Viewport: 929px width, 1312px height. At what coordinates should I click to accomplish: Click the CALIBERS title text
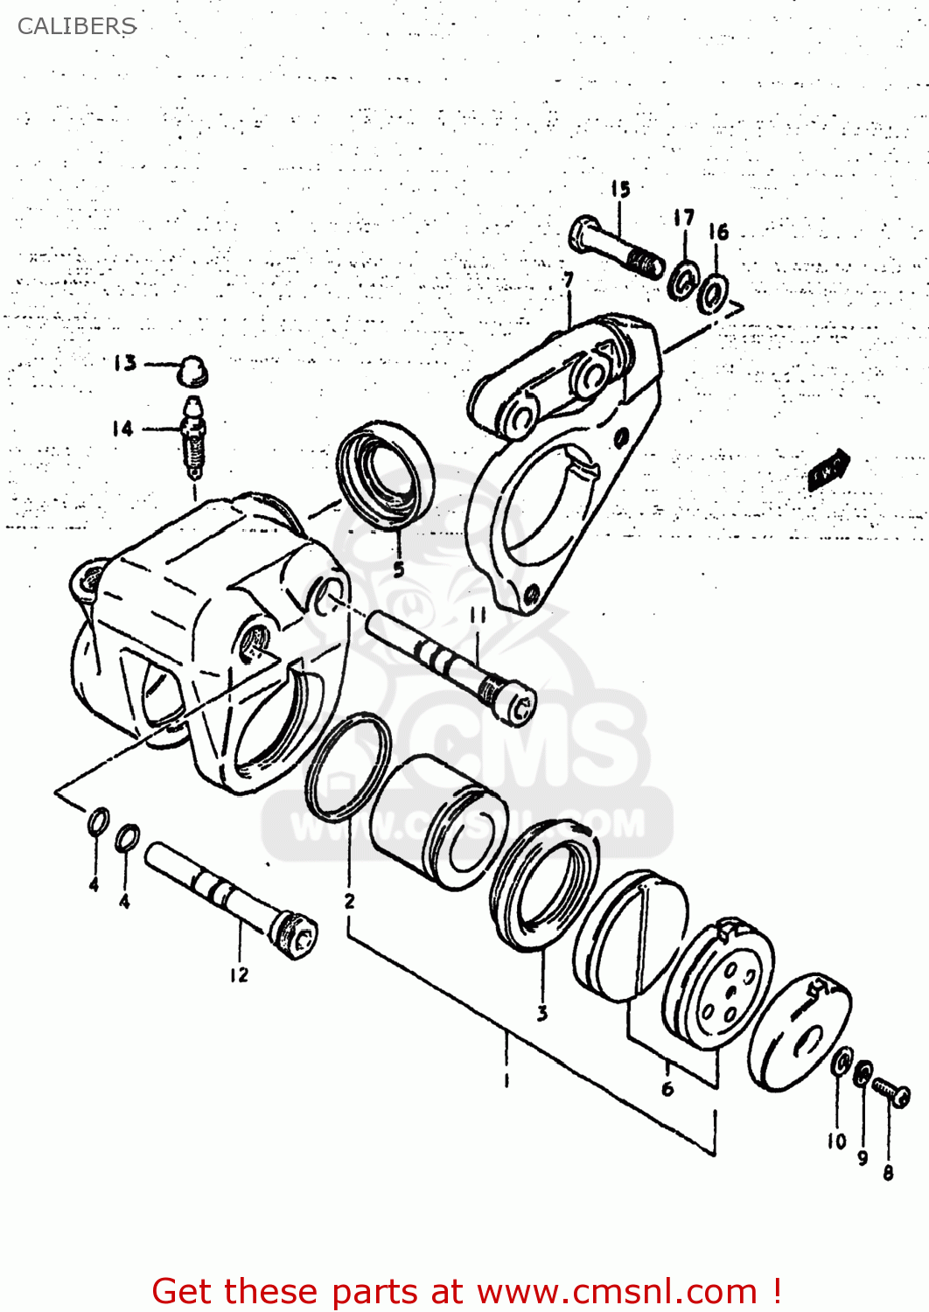point(77,26)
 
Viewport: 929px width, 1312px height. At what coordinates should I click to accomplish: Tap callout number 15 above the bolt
point(620,189)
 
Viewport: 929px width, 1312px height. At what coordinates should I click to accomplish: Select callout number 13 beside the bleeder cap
point(125,363)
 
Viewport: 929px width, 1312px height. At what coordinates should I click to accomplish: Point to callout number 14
point(122,429)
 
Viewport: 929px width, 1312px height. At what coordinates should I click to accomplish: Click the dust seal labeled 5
point(385,477)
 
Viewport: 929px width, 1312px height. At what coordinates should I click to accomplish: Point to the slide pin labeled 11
point(451,665)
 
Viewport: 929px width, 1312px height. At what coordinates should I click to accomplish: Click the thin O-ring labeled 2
point(348,768)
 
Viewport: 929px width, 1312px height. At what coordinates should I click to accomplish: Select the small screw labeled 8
point(891,1092)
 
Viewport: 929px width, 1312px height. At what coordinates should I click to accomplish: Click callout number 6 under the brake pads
point(667,1089)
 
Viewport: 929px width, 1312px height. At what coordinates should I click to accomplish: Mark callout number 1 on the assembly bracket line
point(506,1080)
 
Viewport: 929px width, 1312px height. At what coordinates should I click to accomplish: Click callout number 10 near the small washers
point(836,1141)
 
